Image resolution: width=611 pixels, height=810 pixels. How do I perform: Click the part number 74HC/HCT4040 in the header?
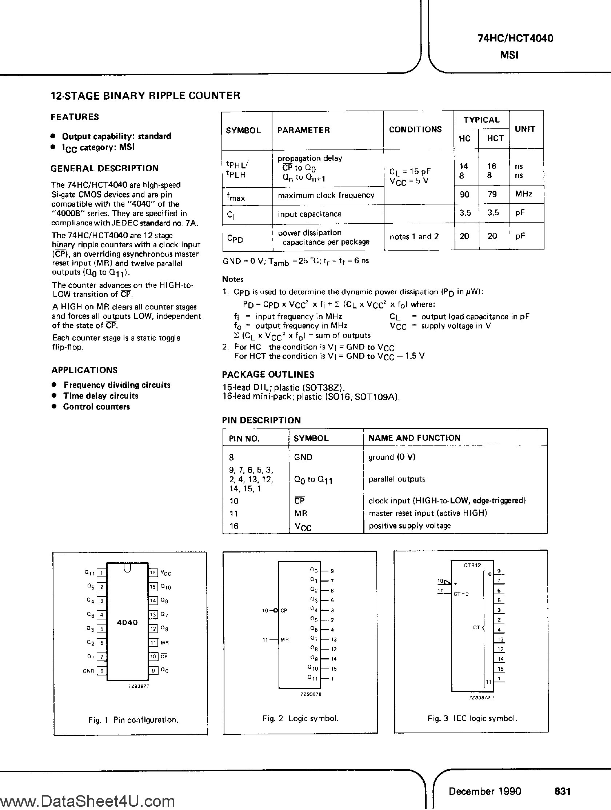click(515, 38)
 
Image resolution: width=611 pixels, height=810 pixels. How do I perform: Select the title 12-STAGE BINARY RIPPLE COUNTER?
click(146, 96)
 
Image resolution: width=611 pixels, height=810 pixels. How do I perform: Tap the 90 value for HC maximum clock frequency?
click(464, 195)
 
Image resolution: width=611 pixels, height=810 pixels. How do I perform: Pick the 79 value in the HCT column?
click(492, 195)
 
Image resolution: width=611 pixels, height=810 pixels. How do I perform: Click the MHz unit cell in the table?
click(523, 194)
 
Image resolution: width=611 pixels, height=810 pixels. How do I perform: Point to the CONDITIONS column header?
click(415, 129)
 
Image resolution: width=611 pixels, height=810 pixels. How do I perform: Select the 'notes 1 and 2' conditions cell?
click(414, 237)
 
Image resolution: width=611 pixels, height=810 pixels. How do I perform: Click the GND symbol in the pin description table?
click(303, 457)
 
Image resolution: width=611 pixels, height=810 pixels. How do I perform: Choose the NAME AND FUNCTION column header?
click(414, 438)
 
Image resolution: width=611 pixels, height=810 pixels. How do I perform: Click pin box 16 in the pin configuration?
click(153, 573)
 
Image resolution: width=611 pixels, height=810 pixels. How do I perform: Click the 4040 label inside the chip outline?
click(127, 623)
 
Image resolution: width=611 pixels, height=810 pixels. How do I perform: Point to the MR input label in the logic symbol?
click(284, 640)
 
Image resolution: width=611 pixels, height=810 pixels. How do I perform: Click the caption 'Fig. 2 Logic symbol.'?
click(300, 718)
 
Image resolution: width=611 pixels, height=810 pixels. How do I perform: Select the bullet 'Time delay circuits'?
click(101, 396)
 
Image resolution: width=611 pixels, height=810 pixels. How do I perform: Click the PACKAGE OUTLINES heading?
click(268, 375)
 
